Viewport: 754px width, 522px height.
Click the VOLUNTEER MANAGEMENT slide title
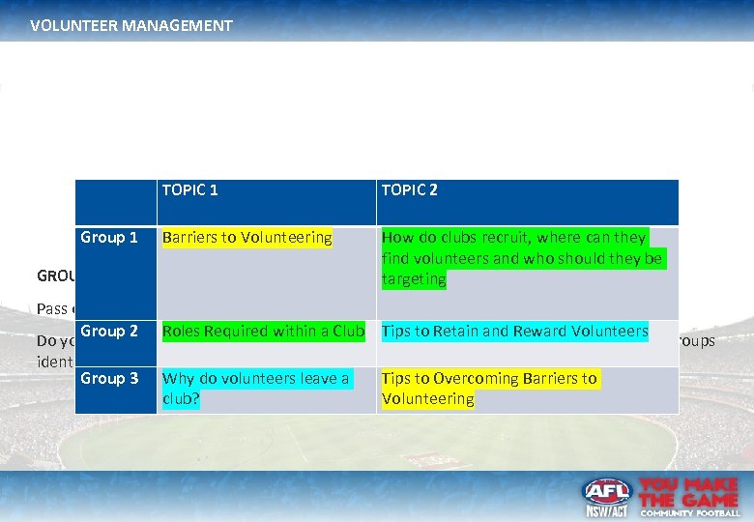click(131, 26)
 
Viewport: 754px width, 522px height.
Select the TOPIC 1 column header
click(190, 190)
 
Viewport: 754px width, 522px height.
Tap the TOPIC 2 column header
click(410, 190)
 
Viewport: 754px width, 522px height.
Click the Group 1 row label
click(109, 238)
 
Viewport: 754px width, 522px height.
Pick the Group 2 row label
click(109, 332)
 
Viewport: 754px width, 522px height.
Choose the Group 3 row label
click(109, 379)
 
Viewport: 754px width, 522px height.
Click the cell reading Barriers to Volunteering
click(247, 238)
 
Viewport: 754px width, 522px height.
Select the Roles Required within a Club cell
click(263, 332)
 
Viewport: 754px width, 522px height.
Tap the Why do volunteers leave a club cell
click(255, 389)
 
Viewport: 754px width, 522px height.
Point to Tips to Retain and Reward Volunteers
click(514, 332)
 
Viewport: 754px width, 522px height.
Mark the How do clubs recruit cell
click(522, 258)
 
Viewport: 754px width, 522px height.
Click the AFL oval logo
click(606, 491)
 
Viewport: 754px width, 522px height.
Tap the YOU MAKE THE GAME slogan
click(689, 490)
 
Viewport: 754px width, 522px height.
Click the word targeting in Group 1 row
click(414, 279)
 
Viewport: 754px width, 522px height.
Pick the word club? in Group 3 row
click(181, 399)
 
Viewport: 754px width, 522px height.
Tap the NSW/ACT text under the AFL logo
click(606, 511)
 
